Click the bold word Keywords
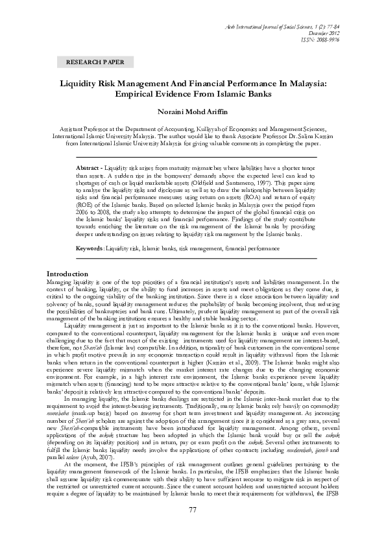91,248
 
